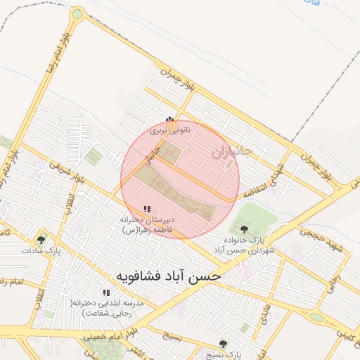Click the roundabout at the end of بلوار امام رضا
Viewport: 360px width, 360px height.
pyautogui.click(x=77, y=13)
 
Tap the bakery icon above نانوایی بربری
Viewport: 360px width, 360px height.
pyautogui.click(x=169, y=120)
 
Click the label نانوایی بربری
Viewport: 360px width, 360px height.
pyautogui.click(x=169, y=131)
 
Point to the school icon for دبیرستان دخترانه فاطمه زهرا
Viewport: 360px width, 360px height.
pyautogui.click(x=147, y=209)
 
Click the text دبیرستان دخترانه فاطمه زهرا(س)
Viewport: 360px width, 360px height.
pyautogui.click(x=146, y=224)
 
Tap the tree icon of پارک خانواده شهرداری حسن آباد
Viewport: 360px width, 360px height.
pyautogui.click(x=244, y=229)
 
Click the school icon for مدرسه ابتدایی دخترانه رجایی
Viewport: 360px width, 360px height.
pyautogui.click(x=106, y=292)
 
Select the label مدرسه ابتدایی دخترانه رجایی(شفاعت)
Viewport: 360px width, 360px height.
pyautogui.click(x=108, y=307)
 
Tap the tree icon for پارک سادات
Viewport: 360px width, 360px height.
pyautogui.click(x=41, y=239)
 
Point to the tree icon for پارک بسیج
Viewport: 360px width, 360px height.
pyautogui.click(x=223, y=343)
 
